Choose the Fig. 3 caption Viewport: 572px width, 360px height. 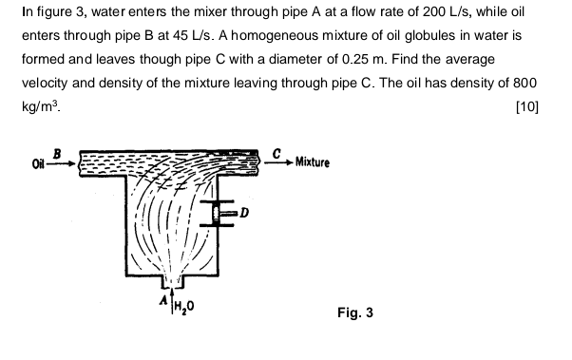(x=356, y=312)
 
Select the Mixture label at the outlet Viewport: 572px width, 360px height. (x=313, y=162)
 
